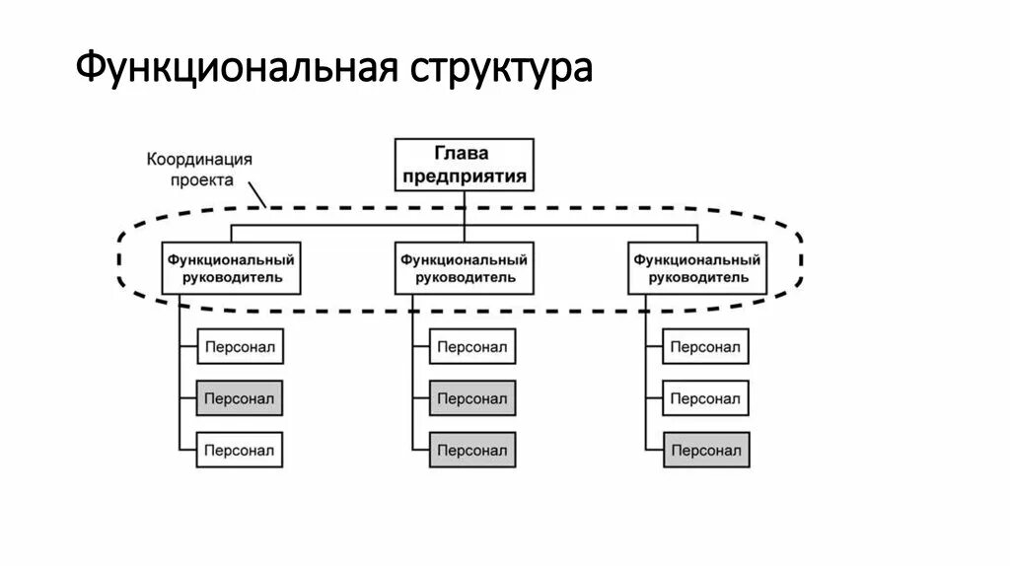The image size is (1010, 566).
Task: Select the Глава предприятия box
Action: (465, 165)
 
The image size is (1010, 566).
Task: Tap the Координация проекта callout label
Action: (200, 169)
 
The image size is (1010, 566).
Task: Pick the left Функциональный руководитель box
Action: (232, 268)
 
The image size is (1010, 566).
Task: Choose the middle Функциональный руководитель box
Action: (465, 268)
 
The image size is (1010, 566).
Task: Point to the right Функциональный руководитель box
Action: (697, 268)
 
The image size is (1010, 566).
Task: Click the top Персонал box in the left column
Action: (240, 346)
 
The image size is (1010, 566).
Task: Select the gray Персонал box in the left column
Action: (240, 398)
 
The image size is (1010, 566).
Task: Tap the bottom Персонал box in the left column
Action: (240, 450)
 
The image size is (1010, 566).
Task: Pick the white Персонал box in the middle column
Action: (472, 346)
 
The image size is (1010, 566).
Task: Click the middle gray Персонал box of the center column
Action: (472, 398)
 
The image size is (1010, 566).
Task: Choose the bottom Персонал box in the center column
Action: (472, 450)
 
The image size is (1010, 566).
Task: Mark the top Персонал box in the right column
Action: (705, 346)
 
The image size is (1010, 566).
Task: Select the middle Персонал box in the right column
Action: (705, 398)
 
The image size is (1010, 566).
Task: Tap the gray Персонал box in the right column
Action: (705, 450)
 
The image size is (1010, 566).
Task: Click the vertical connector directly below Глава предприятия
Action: (465, 207)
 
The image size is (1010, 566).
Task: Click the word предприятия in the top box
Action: (465, 177)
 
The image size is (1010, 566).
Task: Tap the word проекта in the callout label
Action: (200, 179)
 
